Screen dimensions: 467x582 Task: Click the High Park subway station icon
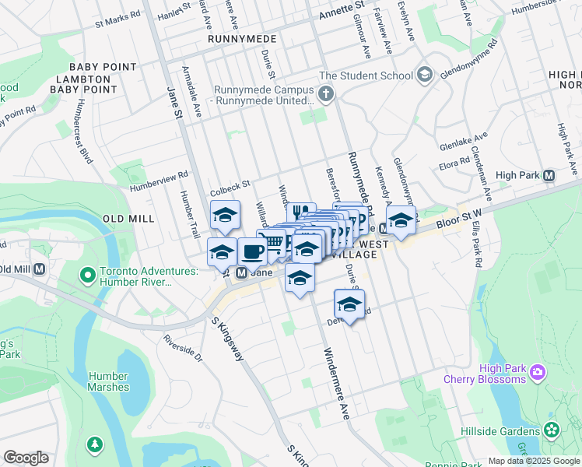click(x=549, y=176)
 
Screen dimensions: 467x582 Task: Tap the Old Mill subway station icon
click(x=39, y=269)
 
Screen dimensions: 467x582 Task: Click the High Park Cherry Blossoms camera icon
click(x=537, y=374)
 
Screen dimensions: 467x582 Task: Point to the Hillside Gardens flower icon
click(x=552, y=429)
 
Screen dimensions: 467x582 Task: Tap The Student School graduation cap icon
click(x=424, y=75)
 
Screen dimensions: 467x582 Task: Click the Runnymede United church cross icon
click(x=325, y=95)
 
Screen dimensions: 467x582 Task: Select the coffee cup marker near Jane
click(x=252, y=252)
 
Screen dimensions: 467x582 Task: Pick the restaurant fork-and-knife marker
click(x=300, y=212)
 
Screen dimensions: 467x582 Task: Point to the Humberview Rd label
click(x=160, y=181)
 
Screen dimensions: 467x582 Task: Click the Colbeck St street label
click(x=229, y=185)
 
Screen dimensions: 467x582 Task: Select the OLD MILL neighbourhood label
click(x=128, y=219)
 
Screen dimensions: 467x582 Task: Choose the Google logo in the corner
click(x=26, y=458)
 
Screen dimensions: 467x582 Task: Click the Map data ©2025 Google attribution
click(x=533, y=461)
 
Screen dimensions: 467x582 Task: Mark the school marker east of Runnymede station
click(x=401, y=220)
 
